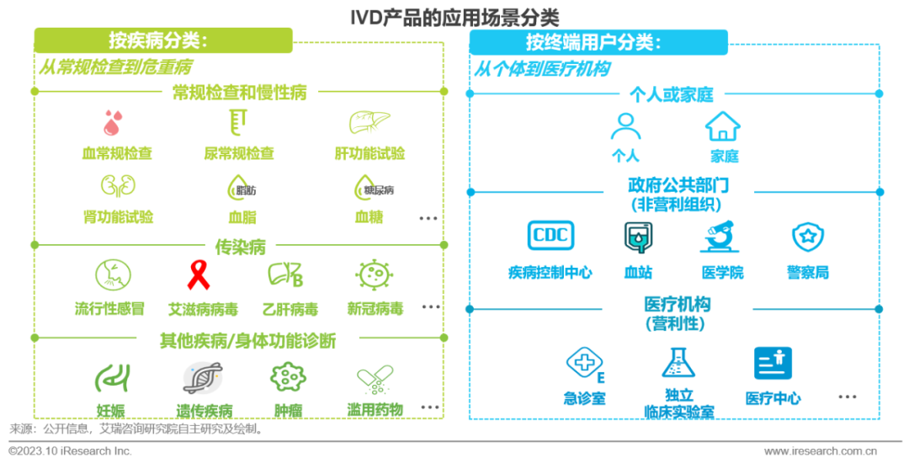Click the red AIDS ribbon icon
pos(199,274)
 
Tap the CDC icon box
pos(550,237)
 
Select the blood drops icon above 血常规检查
pos(113,123)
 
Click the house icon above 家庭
pos(723,126)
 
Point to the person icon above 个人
pos(625,126)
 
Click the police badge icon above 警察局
pos(808,237)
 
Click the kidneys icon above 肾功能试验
pos(118,185)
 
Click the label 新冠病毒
pos(375,308)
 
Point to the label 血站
pos(637,272)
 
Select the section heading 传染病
pos(240,247)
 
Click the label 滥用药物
pos(375,410)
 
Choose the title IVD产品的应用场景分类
pos(454,15)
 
